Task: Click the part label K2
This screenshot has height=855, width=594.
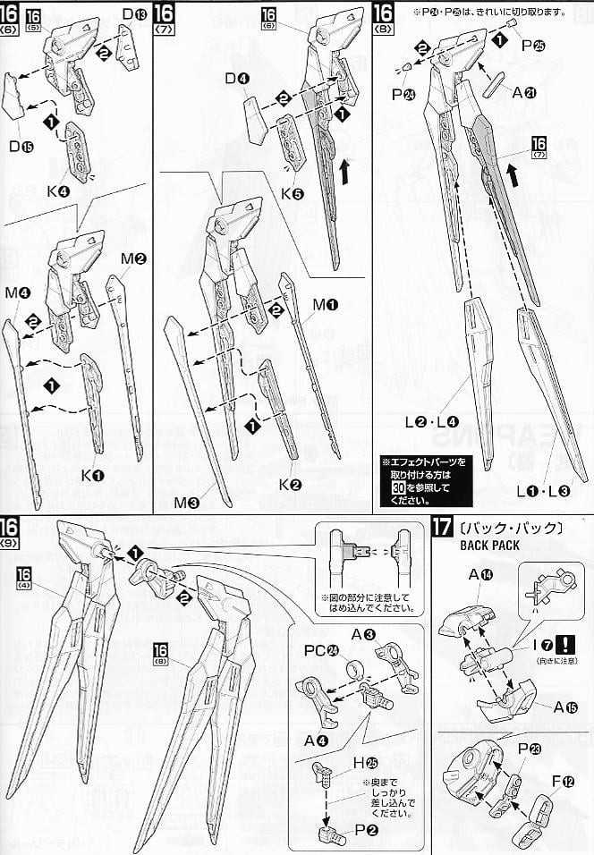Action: pyautogui.click(x=289, y=486)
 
